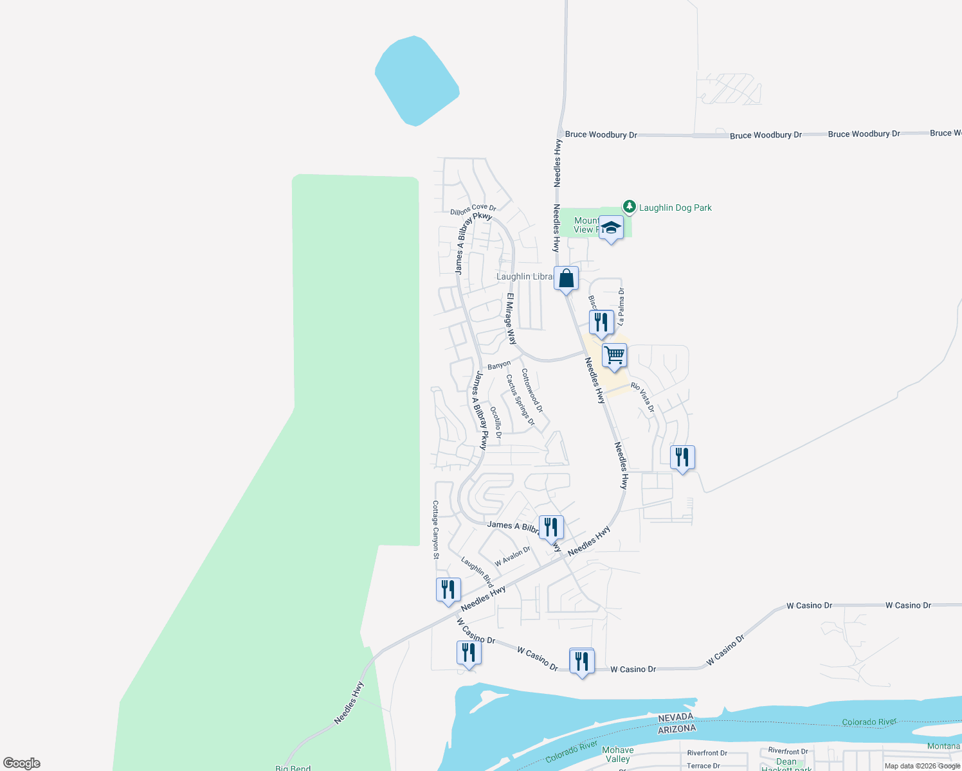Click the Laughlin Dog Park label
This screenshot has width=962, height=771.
(x=675, y=208)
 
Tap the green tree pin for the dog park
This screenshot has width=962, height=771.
(x=630, y=206)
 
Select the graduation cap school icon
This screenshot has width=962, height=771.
(x=611, y=228)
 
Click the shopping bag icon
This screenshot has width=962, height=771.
(x=567, y=279)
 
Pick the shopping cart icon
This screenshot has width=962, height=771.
(x=615, y=355)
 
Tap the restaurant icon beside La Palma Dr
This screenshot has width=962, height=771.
(x=601, y=323)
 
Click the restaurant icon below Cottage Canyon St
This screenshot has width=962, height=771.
(x=448, y=590)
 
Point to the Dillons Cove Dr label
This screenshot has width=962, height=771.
(x=473, y=209)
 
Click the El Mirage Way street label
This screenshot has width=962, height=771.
(x=511, y=319)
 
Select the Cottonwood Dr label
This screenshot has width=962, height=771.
(x=532, y=391)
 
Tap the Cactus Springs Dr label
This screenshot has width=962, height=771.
(x=520, y=400)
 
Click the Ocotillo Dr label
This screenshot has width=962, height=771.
(x=496, y=423)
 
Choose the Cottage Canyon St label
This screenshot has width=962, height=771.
(x=435, y=530)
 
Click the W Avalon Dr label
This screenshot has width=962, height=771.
(x=513, y=556)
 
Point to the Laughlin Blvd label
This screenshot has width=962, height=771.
(x=477, y=572)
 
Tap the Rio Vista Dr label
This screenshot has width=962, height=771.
(x=642, y=397)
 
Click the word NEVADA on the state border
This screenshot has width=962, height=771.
(x=676, y=717)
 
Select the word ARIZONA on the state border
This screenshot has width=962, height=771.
(x=676, y=729)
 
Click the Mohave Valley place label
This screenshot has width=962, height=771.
(x=617, y=754)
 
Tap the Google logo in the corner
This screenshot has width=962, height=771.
(x=21, y=763)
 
